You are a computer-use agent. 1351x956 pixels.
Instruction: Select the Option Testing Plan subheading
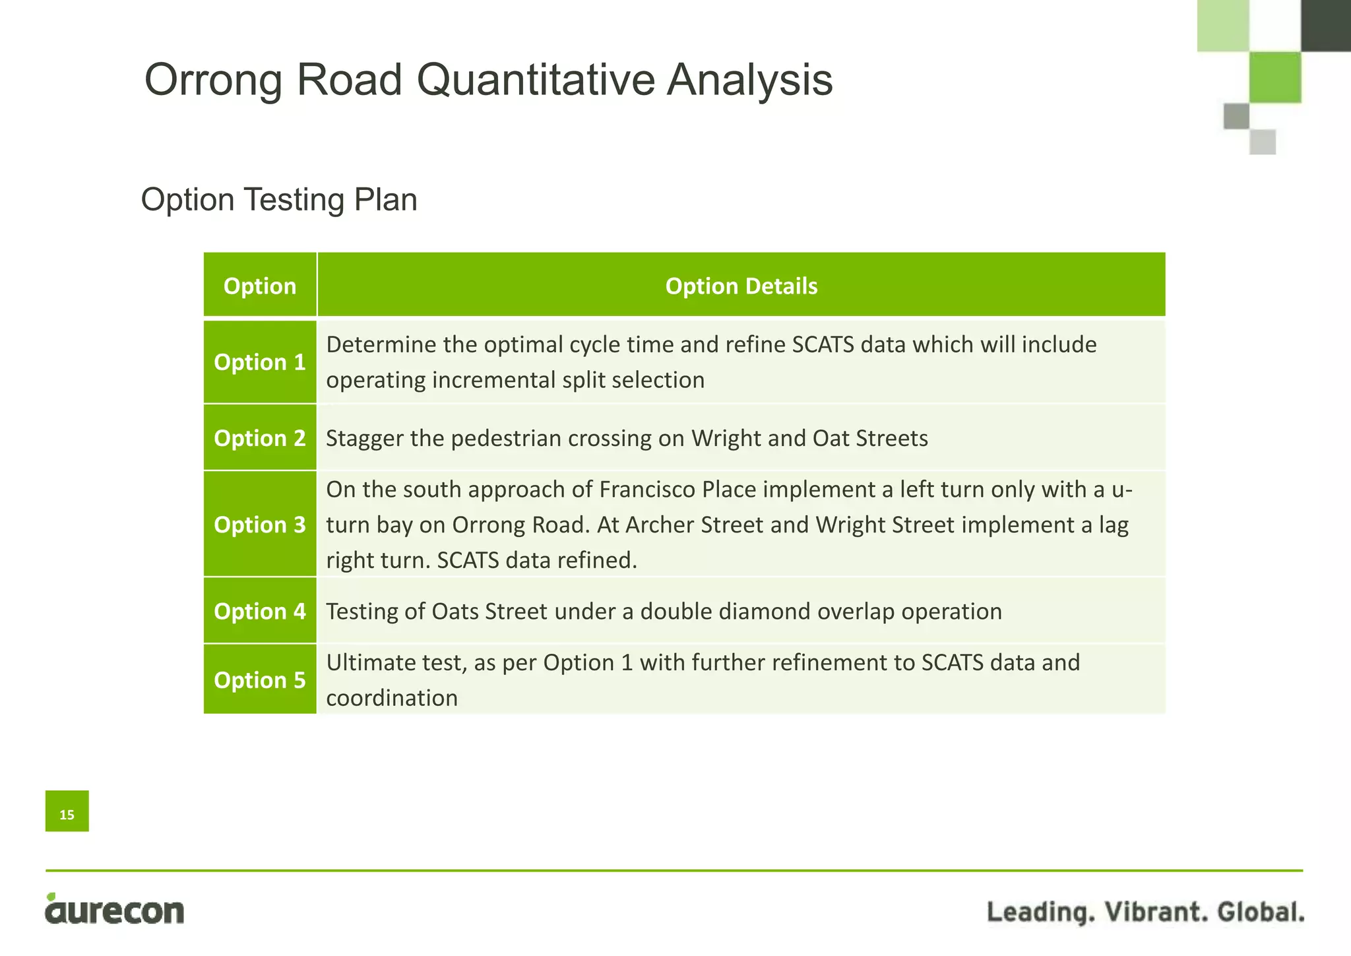tap(279, 199)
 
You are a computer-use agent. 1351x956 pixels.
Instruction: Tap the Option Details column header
tap(741, 286)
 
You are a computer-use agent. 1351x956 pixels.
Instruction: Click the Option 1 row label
tap(260, 362)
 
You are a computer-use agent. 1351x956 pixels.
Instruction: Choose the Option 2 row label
tap(260, 438)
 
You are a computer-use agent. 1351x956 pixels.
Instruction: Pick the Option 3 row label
tap(260, 525)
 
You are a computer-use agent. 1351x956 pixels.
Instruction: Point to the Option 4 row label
tap(260, 612)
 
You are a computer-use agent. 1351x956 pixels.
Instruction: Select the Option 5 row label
tap(260, 680)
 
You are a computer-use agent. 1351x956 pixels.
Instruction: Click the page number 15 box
tap(67, 811)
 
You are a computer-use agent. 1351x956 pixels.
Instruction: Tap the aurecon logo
tap(115, 910)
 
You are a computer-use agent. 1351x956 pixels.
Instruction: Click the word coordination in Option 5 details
tap(392, 698)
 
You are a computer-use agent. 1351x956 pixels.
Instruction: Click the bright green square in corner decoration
tap(1274, 77)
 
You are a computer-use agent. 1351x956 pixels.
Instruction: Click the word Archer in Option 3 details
tap(660, 525)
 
